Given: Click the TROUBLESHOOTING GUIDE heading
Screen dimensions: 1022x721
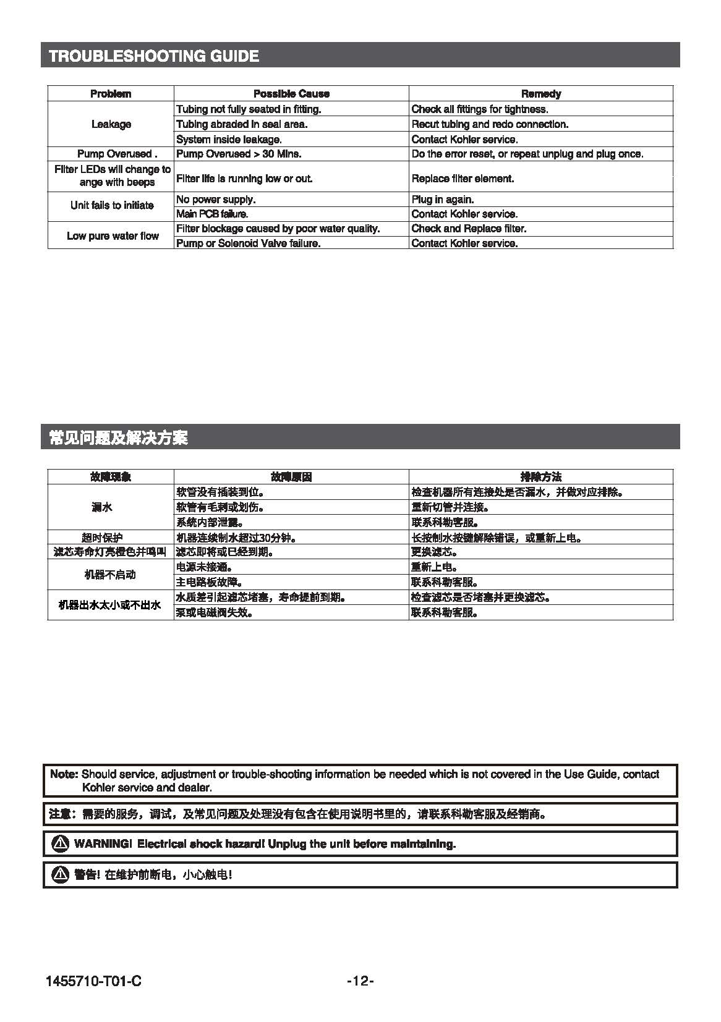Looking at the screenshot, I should (x=154, y=56).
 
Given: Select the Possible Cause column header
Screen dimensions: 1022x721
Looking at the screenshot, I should (x=291, y=94).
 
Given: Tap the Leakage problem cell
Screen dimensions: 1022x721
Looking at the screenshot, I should (x=111, y=124).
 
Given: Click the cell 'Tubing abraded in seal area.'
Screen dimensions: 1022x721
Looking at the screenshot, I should (x=242, y=124).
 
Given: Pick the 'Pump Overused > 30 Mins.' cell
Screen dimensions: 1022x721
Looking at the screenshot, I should (x=239, y=154).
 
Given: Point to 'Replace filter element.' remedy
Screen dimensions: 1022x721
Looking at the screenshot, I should (x=463, y=179).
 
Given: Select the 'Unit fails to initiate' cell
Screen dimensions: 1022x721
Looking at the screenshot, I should (x=112, y=205).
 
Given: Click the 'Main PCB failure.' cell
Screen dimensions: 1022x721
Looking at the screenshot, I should (x=212, y=214).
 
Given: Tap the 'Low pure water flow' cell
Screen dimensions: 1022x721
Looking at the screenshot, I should (x=113, y=236).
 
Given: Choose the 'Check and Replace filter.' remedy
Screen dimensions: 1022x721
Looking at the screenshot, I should (x=469, y=229).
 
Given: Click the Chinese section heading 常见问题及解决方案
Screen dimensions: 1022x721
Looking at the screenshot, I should (x=118, y=439).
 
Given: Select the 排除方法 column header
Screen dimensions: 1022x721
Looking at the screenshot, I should (x=541, y=477).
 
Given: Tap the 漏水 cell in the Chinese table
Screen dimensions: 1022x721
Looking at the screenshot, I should (x=102, y=507).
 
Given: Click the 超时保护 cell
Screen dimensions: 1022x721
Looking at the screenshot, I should (x=102, y=538).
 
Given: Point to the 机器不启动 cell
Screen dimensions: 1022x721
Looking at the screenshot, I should (x=110, y=575).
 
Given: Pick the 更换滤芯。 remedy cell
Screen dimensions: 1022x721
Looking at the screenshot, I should (x=434, y=552).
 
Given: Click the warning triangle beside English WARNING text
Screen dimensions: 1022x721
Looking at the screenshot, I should (x=60, y=843).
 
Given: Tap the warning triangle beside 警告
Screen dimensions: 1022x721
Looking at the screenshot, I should (x=60, y=874).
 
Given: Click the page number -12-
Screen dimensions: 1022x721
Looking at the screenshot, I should (x=360, y=981).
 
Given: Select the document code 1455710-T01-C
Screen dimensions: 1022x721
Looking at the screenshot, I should (x=93, y=981).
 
